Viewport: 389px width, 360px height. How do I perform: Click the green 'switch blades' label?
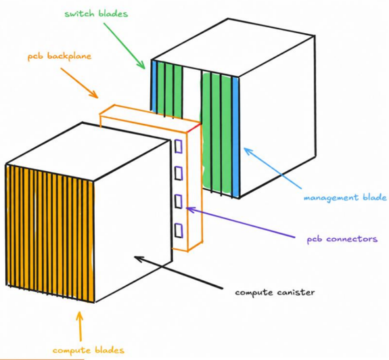(96, 14)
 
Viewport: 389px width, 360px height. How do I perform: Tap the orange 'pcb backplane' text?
(60, 56)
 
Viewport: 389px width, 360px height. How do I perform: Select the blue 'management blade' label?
(345, 198)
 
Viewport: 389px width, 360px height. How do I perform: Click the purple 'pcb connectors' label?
(342, 239)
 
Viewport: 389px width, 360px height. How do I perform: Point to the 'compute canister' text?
(275, 292)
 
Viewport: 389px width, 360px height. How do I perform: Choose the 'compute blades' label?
(89, 350)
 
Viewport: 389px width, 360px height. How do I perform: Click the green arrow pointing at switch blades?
(124, 46)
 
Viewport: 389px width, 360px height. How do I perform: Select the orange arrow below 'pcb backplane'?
(79, 83)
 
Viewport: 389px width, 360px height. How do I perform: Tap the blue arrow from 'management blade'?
(273, 168)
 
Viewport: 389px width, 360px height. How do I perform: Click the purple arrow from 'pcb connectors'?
(240, 223)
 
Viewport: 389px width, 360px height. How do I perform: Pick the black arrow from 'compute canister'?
(179, 272)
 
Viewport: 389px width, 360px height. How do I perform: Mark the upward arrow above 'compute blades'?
(80, 326)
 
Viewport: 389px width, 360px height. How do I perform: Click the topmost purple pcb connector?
(179, 146)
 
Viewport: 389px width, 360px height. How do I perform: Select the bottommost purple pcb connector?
(179, 231)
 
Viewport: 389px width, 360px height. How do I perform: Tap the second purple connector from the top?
(179, 173)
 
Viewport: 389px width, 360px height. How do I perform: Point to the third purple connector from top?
(179, 202)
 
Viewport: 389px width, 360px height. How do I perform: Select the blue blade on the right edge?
(235, 137)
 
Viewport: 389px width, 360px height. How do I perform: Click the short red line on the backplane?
(193, 129)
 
